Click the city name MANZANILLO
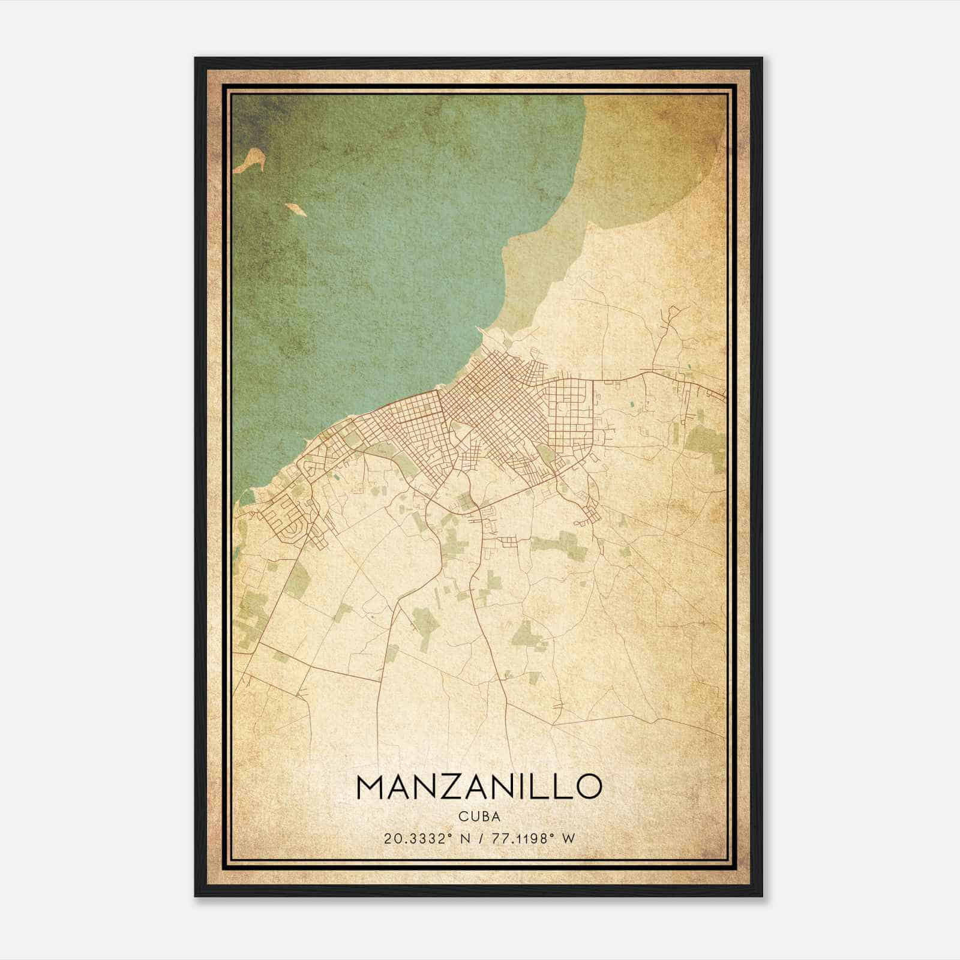coord(479,786)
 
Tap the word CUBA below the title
coord(479,816)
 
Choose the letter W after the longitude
coord(569,838)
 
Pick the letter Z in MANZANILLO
coord(457,786)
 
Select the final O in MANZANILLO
coord(587,786)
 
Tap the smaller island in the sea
coord(295,209)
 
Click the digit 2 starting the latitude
coord(387,838)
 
